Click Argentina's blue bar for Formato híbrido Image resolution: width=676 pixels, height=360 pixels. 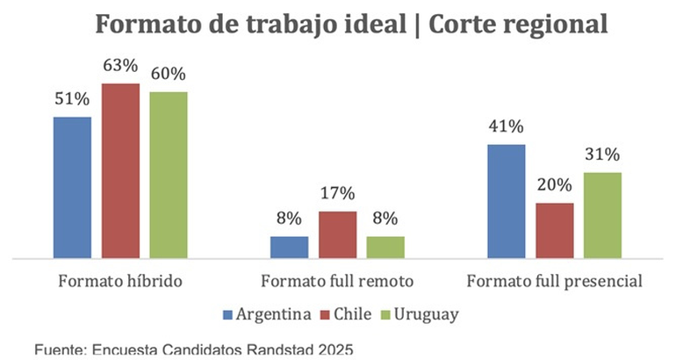pyautogui.click(x=72, y=188)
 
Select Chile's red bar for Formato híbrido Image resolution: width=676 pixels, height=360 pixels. pyautogui.click(x=120, y=171)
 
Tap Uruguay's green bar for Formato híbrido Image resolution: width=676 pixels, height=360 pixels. pyautogui.click(x=169, y=176)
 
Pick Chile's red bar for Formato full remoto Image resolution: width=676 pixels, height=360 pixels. pyautogui.click(x=337, y=235)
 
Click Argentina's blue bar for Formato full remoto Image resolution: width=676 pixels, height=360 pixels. pyautogui.click(x=289, y=248)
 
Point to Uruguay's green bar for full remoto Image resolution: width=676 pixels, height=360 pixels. pyautogui.click(x=385, y=248)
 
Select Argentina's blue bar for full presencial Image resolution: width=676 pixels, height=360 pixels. pyautogui.click(x=507, y=202)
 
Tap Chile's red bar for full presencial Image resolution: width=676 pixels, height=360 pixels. pyautogui.click(x=555, y=231)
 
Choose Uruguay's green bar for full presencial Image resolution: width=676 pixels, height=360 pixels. pyautogui.click(x=603, y=215)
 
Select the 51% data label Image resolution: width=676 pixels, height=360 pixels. pyautogui.click(x=72, y=100)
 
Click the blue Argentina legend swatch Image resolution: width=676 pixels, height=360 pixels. pyautogui.click(x=228, y=313)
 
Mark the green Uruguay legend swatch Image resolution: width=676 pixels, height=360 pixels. pyautogui.click(x=386, y=313)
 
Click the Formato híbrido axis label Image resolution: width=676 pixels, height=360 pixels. pyautogui.click(x=120, y=283)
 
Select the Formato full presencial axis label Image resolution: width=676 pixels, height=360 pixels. pyautogui.click(x=555, y=283)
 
